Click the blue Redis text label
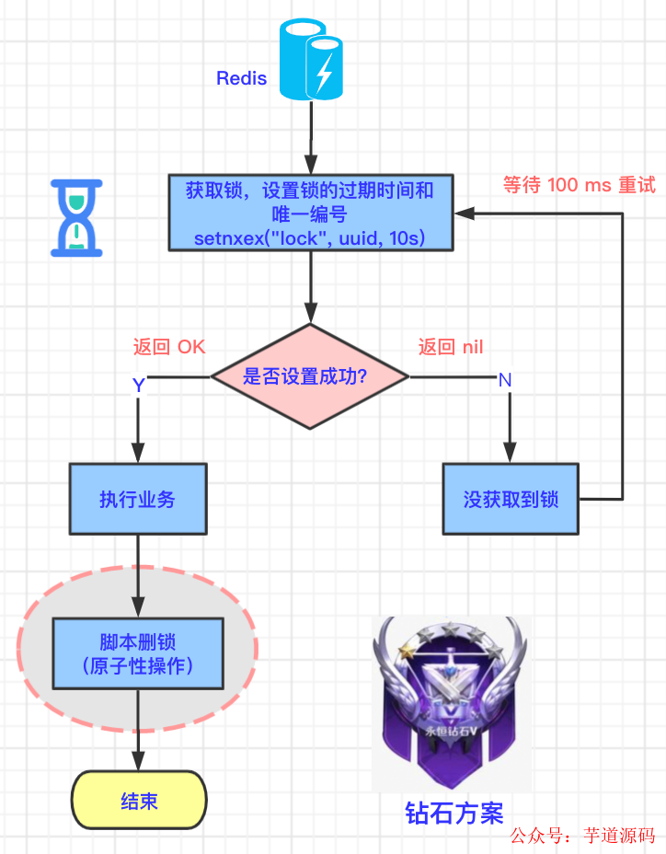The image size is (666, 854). [x=241, y=78]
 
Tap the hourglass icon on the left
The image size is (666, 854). [x=76, y=218]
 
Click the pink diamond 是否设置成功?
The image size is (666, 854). [x=310, y=375]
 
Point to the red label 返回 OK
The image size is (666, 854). [x=169, y=347]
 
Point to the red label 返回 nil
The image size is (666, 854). [x=451, y=347]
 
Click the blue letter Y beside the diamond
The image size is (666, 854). [x=138, y=385]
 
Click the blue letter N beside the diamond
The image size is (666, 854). [x=504, y=380]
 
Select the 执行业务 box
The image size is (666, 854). [x=137, y=500]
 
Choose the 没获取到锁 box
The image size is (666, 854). [x=511, y=500]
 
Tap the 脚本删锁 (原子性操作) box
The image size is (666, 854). [x=138, y=653]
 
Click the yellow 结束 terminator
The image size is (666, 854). [x=139, y=801]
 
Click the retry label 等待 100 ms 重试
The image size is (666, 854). [x=579, y=185]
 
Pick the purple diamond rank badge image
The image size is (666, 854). [x=451, y=704]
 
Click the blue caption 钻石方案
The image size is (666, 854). [x=454, y=813]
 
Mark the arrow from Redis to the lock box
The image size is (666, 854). [x=311, y=138]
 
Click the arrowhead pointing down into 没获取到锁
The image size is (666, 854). [x=511, y=453]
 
